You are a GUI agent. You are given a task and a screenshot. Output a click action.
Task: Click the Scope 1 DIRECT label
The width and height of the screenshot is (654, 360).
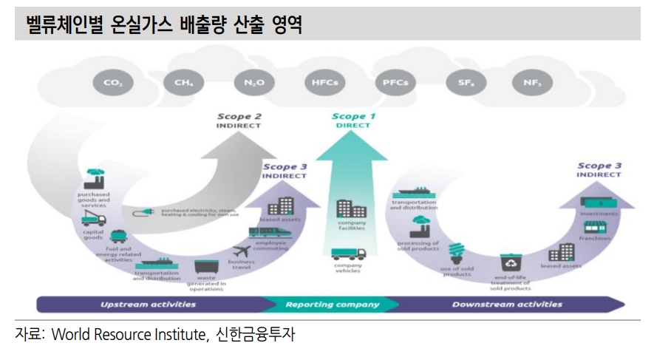[352, 120]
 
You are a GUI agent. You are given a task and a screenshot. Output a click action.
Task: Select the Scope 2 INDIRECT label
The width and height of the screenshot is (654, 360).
[239, 120]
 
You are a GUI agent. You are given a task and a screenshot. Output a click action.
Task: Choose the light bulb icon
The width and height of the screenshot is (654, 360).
[456, 253]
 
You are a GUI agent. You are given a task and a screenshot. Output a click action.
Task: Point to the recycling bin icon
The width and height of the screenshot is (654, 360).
[511, 262]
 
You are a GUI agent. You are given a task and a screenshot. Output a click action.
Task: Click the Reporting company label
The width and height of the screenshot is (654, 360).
[332, 304]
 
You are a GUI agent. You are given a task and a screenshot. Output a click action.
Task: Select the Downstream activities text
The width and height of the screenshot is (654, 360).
[507, 304]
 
